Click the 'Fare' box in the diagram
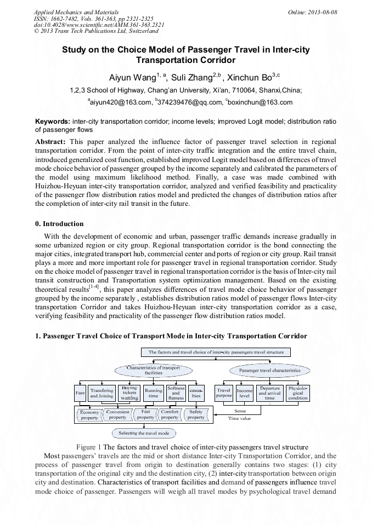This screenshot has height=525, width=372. (x=80, y=393)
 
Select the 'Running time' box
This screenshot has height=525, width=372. (x=153, y=393)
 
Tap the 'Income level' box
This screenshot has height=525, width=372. (x=245, y=393)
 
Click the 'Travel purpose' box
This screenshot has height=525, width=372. (x=224, y=393)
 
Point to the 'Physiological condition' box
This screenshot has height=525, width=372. (x=298, y=393)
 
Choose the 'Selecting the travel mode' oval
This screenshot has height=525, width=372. (x=144, y=433)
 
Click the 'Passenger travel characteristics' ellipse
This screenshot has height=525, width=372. (x=270, y=371)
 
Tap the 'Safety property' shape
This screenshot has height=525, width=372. (x=196, y=414)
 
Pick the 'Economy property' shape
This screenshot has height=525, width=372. (x=89, y=414)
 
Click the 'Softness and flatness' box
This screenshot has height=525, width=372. (x=176, y=393)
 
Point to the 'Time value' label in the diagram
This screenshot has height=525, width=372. (x=239, y=418)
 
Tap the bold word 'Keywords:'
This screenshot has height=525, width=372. (x=53, y=121)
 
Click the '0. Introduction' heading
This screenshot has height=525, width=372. (x=59, y=224)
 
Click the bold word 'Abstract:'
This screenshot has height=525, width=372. (x=50, y=141)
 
